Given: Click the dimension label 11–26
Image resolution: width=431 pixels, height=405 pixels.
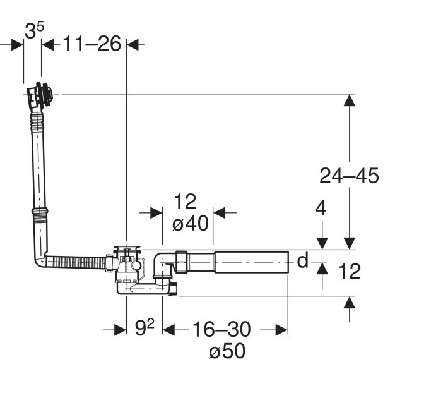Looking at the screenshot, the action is (92, 44).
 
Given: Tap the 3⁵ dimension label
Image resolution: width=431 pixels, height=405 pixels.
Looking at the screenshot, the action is (34, 30).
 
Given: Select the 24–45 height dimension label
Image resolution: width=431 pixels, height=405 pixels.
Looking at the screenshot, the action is (349, 176).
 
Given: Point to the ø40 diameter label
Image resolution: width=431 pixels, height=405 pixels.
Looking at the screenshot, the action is (190, 223).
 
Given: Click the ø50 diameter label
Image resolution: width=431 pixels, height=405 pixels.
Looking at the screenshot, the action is (227, 351).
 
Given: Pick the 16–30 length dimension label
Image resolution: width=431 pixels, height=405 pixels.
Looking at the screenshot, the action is (221, 329).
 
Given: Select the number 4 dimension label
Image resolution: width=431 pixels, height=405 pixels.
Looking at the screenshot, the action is (321, 209).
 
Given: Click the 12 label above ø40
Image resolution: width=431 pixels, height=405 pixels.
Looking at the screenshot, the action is (186, 202).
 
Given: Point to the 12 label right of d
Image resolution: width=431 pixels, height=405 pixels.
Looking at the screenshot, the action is (350, 271).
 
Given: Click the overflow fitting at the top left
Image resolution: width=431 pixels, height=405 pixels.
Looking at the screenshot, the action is (40, 95).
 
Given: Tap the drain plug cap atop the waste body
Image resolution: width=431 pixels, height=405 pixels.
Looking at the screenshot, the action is (127, 249).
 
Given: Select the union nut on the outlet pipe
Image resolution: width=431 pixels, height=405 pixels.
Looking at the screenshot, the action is (181, 262).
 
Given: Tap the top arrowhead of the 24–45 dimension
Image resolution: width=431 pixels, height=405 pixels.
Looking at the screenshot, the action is (350, 100).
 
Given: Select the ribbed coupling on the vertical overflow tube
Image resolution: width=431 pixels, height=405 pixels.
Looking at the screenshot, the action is (40, 215).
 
